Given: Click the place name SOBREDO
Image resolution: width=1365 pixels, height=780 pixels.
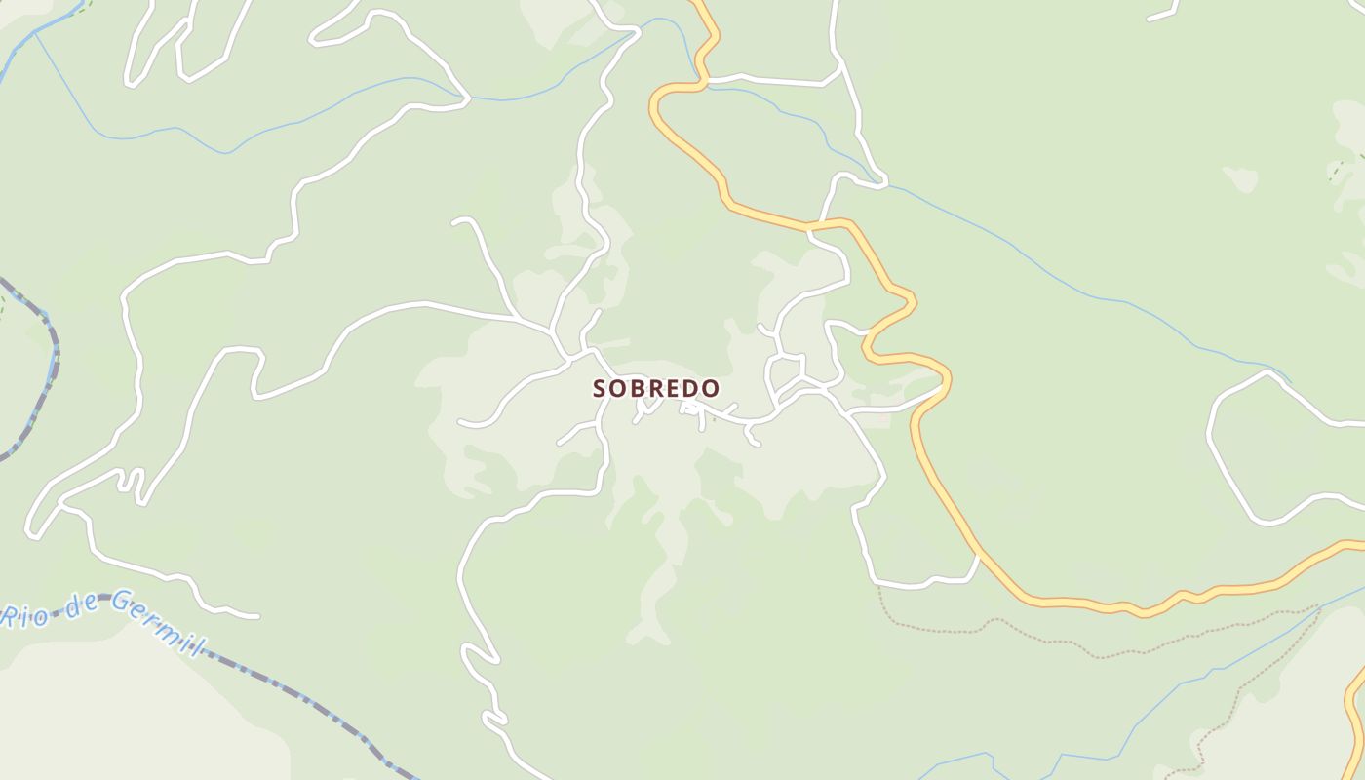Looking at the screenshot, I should [x=656, y=388].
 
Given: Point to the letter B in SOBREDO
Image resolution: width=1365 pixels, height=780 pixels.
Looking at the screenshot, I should [x=640, y=388].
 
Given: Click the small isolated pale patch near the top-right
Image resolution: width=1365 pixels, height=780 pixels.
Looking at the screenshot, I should [x=1240, y=178].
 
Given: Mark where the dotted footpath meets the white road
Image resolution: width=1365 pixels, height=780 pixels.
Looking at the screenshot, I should [x=878, y=585].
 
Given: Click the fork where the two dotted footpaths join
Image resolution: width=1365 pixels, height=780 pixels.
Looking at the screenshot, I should [x=1318, y=608].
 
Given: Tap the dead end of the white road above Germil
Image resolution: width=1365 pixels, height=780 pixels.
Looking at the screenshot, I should [x=257, y=616].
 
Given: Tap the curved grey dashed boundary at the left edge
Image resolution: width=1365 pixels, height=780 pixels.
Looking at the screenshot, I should [x=49, y=370].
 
